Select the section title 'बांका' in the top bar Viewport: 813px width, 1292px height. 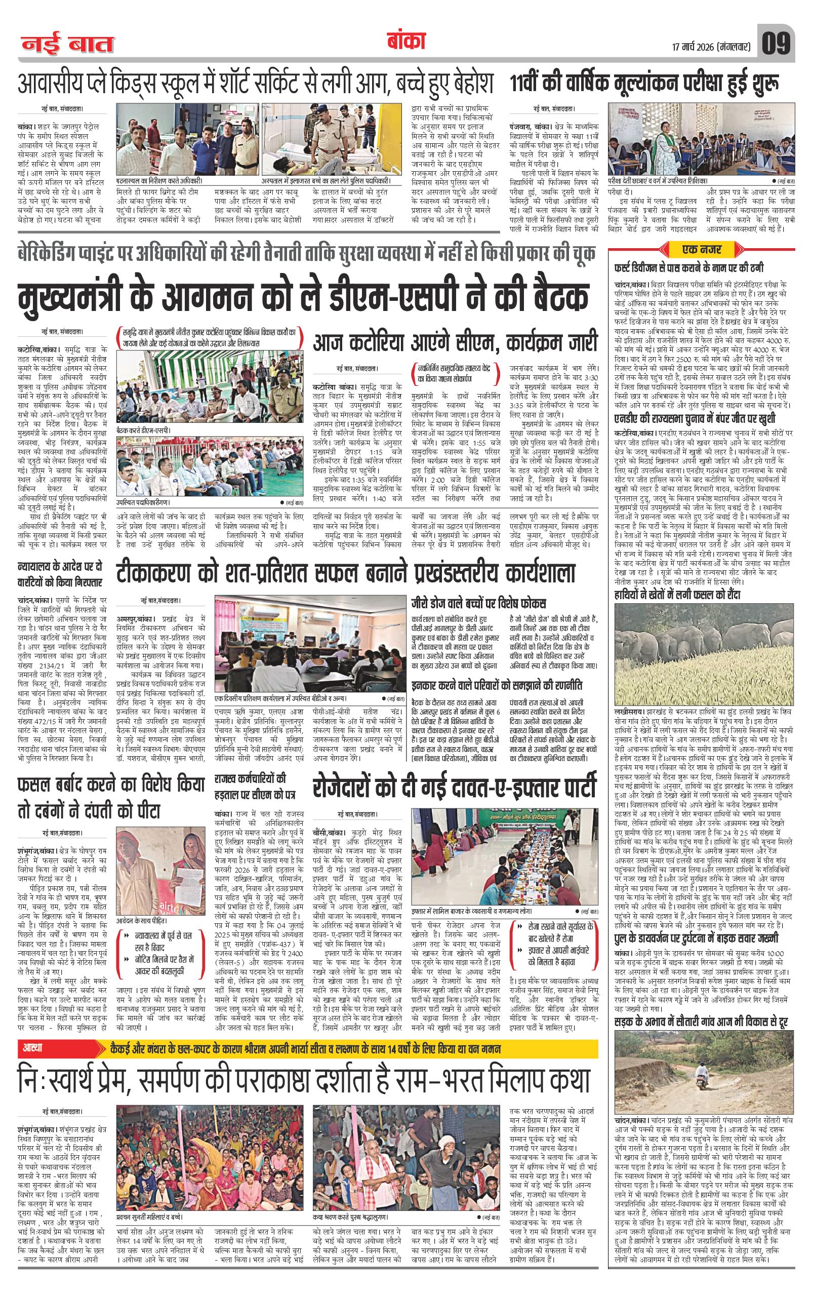click(405, 42)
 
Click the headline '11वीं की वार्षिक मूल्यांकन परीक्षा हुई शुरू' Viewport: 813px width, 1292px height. click(644, 83)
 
